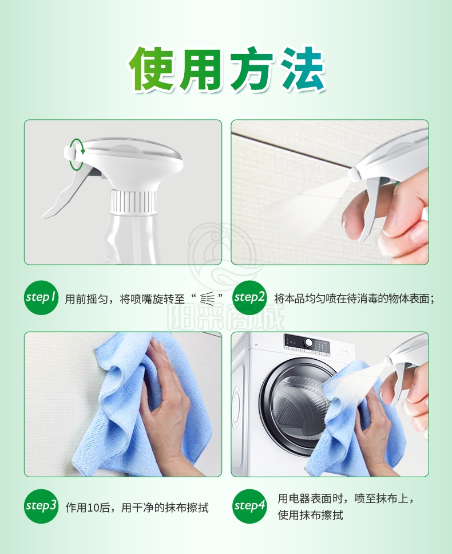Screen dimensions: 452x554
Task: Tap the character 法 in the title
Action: (x=303, y=68)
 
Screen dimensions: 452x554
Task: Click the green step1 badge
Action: (x=41, y=297)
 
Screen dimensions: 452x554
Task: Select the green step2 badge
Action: (x=249, y=297)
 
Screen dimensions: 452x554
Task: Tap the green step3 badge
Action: (x=41, y=506)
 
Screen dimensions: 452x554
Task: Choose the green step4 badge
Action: (x=249, y=506)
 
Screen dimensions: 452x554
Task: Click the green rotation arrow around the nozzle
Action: (x=77, y=154)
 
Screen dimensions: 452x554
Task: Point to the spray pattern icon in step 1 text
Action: (x=207, y=298)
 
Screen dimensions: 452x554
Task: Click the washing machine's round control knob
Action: (x=309, y=343)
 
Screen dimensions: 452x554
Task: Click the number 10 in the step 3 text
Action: (x=93, y=508)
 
